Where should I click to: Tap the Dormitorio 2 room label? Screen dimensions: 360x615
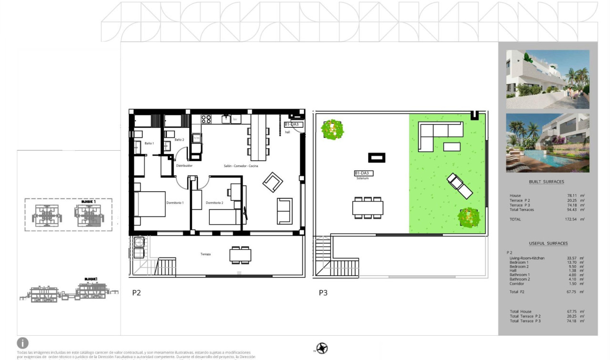coord(215,203)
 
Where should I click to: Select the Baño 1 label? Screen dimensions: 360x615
coord(149,143)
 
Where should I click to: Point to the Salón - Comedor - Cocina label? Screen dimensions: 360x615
coord(241,166)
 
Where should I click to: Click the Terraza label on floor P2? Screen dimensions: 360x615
coord(205,254)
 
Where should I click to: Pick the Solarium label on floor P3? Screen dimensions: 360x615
coord(362,178)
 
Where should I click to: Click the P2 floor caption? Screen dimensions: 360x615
coord(136,293)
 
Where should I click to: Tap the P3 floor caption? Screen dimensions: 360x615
coord(323,293)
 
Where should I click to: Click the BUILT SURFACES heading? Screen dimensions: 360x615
coord(546,182)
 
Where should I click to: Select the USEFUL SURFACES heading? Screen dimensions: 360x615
coord(548,243)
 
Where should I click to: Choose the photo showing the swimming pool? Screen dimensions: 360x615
coord(547,143)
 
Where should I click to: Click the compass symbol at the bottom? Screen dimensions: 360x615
coord(322,349)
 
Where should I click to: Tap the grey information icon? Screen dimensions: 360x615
coord(22,343)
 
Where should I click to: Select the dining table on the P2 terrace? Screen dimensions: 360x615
coord(240,255)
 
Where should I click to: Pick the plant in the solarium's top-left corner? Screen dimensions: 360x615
coord(332,129)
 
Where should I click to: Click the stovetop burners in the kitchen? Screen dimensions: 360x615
coord(206,119)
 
